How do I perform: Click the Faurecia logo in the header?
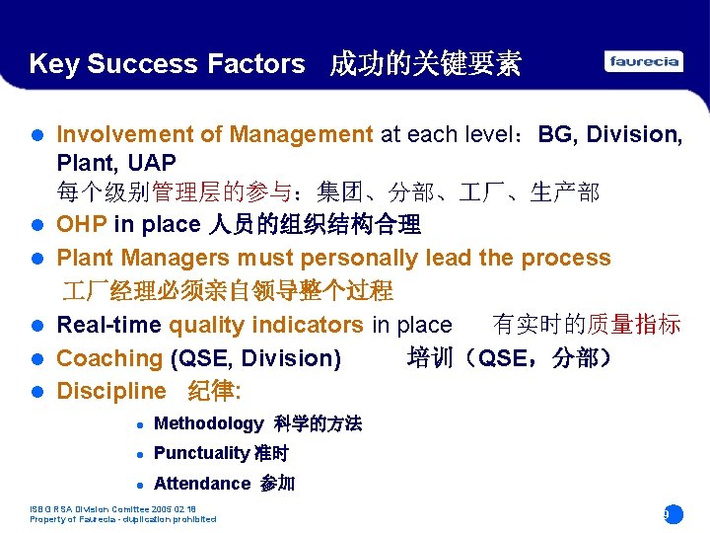(x=644, y=61)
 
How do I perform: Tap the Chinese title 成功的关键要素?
(x=425, y=65)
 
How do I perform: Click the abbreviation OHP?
(x=82, y=224)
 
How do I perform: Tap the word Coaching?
(x=109, y=358)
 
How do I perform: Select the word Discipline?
(x=111, y=391)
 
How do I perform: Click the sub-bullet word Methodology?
(x=208, y=423)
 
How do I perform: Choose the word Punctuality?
(x=201, y=453)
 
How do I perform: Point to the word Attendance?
(x=202, y=483)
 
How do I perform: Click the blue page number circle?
(x=673, y=514)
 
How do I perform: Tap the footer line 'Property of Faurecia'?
(x=123, y=519)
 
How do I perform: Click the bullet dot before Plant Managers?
(x=37, y=259)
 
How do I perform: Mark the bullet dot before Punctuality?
(x=141, y=454)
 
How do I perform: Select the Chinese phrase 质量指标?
(x=633, y=325)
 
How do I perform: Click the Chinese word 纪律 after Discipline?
(x=213, y=391)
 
